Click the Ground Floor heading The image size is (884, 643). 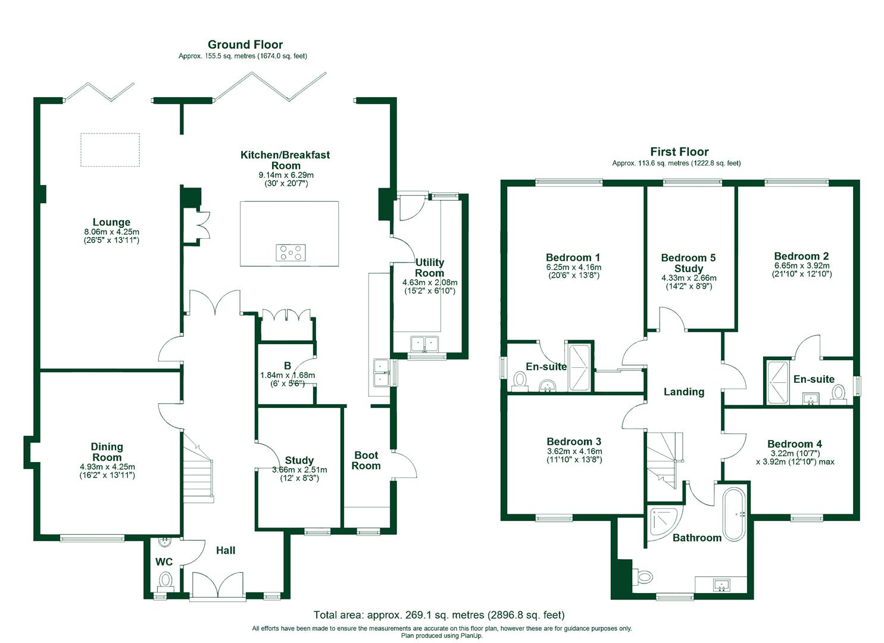click(245, 45)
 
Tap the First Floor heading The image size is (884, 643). click(679, 152)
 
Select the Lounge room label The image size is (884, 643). click(111, 223)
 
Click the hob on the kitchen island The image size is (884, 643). click(290, 253)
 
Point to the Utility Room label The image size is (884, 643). click(429, 267)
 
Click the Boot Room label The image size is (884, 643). click(366, 460)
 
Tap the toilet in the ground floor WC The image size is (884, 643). click(165, 579)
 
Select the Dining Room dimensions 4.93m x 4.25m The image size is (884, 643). click(107, 467)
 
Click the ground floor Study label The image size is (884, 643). click(299, 460)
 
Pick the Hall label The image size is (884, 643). click(226, 551)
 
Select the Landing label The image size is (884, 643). click(684, 392)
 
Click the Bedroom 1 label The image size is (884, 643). click(573, 257)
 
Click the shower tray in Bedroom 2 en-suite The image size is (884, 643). click(776, 380)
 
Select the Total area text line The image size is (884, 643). click(439, 615)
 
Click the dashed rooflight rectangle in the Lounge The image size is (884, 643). click(110, 149)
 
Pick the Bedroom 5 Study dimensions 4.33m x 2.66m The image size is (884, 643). click(689, 278)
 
